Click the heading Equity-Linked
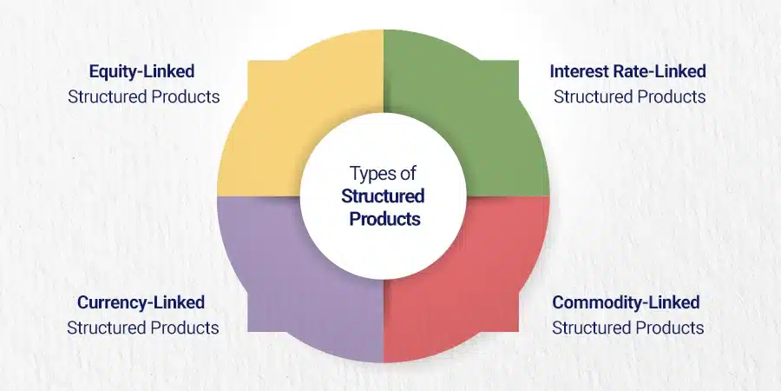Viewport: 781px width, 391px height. click(x=142, y=72)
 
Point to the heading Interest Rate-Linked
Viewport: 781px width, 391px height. click(x=627, y=71)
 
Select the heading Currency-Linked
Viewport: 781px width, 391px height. click(x=141, y=302)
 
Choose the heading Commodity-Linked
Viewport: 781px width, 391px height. click(x=626, y=302)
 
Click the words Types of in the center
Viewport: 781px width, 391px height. click(x=383, y=174)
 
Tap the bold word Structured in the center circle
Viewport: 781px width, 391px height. click(x=383, y=196)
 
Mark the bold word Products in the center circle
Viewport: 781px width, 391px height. click(x=384, y=218)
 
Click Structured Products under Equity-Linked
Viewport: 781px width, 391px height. click(x=144, y=96)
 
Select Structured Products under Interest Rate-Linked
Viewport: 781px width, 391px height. click(x=630, y=96)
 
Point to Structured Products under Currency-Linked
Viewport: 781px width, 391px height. click(x=143, y=328)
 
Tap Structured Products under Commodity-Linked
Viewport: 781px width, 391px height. click(x=628, y=328)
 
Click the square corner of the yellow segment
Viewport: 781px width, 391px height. click(x=248, y=61)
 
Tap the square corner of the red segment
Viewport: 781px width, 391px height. click(x=519, y=331)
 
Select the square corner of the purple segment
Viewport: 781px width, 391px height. click(x=248, y=331)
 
